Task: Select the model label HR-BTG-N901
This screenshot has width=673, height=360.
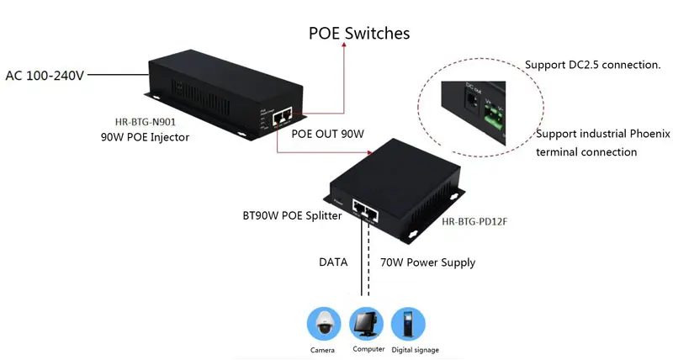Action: pyautogui.click(x=144, y=120)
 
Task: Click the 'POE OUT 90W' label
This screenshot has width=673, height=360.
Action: pyautogui.click(x=327, y=134)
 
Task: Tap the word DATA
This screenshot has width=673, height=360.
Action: pyautogui.click(x=333, y=262)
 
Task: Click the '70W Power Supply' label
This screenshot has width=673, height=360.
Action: pyautogui.click(x=428, y=262)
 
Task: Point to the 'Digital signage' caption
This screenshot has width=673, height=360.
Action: pyautogui.click(x=414, y=349)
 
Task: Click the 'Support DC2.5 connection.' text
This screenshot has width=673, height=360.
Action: pyautogui.click(x=592, y=65)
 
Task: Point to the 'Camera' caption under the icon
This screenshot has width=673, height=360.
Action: pyautogui.click(x=322, y=349)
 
